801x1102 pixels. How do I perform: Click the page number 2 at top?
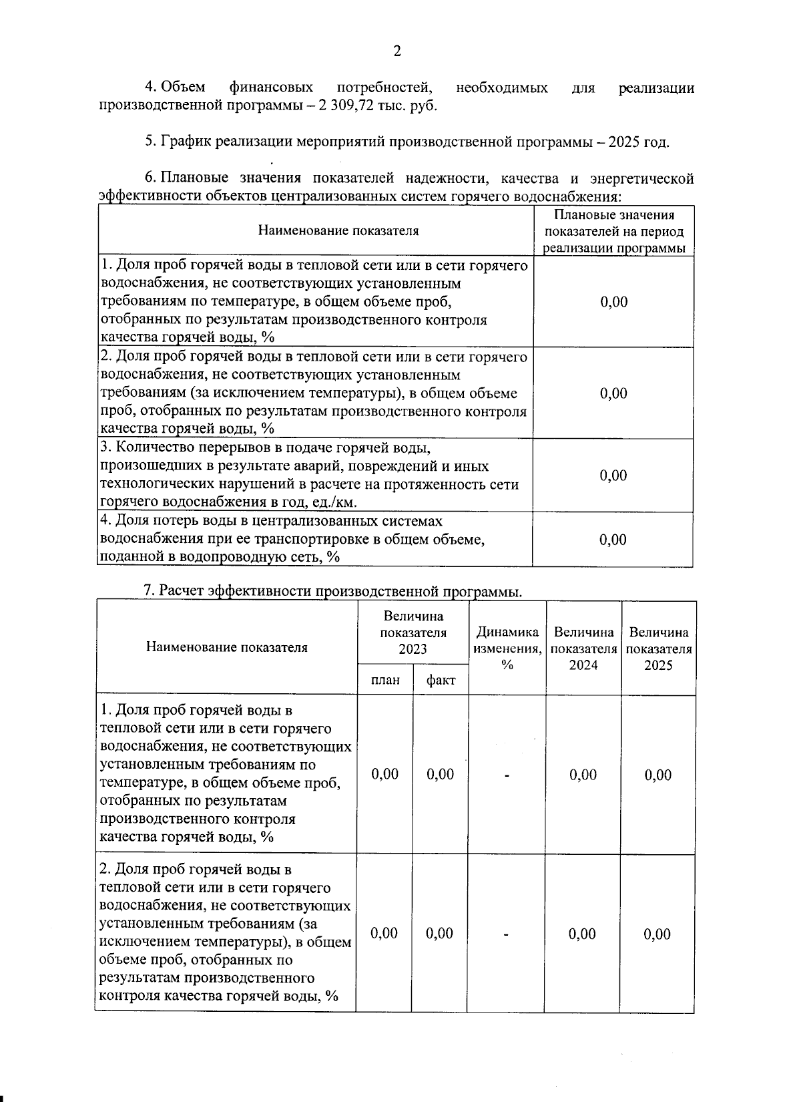click(x=397, y=51)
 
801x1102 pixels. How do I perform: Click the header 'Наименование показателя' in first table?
click(x=338, y=231)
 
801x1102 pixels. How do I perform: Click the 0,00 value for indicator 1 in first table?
click(x=613, y=302)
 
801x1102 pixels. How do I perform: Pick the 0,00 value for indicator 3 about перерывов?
click(x=613, y=476)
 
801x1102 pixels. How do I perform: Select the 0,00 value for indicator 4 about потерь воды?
click(x=613, y=540)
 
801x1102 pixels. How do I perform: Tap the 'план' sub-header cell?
click(x=385, y=680)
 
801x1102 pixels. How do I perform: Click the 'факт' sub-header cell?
click(x=441, y=680)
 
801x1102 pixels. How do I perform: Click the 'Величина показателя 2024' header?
click(x=583, y=648)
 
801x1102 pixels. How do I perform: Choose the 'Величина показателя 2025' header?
click(x=658, y=648)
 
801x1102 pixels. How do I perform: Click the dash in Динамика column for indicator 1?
click(x=507, y=775)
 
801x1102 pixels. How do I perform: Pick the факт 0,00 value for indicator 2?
click(x=440, y=933)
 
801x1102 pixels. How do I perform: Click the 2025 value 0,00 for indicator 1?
click(x=658, y=775)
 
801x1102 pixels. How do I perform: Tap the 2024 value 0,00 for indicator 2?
click(x=582, y=934)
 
